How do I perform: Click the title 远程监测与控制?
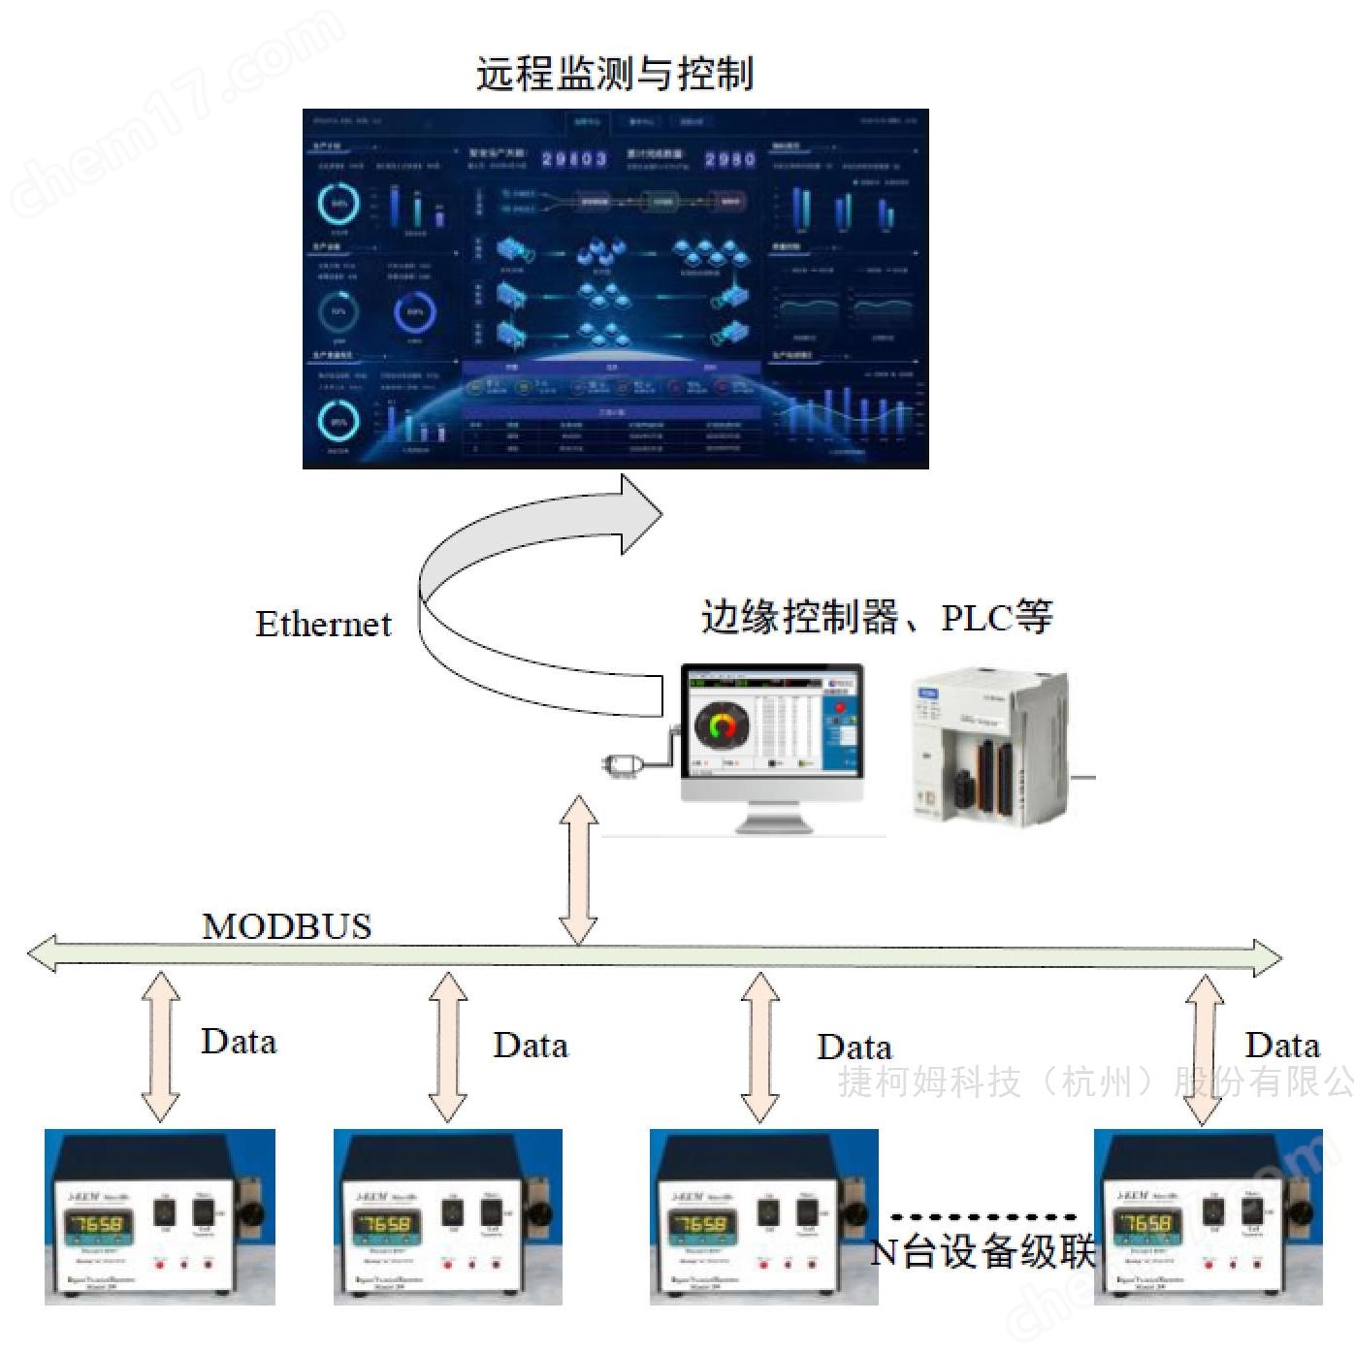(x=614, y=73)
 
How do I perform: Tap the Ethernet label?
(x=323, y=624)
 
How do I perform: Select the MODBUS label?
(x=287, y=926)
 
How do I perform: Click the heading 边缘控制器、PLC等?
(x=876, y=617)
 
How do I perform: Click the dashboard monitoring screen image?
(x=615, y=288)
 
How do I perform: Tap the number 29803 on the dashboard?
(x=574, y=159)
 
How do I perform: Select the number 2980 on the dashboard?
(x=729, y=159)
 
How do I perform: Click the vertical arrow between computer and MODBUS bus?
(x=579, y=870)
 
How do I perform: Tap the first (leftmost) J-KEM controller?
(x=160, y=1216)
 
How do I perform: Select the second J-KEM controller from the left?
(x=447, y=1216)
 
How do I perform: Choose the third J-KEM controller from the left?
(x=763, y=1216)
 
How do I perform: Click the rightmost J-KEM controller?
(x=1208, y=1216)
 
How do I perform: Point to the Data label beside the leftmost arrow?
(x=239, y=1042)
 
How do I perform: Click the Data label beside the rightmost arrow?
(x=1282, y=1046)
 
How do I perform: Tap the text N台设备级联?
(x=983, y=1251)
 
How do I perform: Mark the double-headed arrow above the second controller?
(x=448, y=1048)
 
